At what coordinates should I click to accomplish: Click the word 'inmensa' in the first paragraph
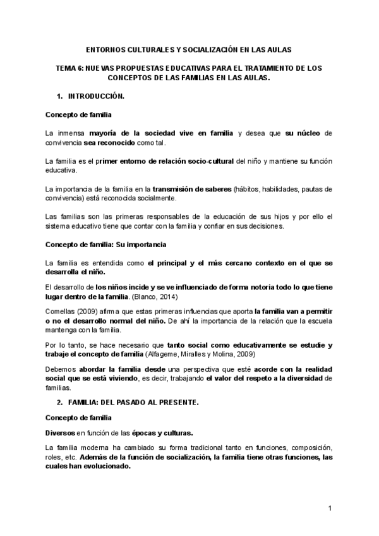70,133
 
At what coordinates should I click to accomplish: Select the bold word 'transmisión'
172,189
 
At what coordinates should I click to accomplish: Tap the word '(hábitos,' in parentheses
250,189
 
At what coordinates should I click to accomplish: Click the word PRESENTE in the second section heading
177,402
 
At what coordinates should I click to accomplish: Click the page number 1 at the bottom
330,509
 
